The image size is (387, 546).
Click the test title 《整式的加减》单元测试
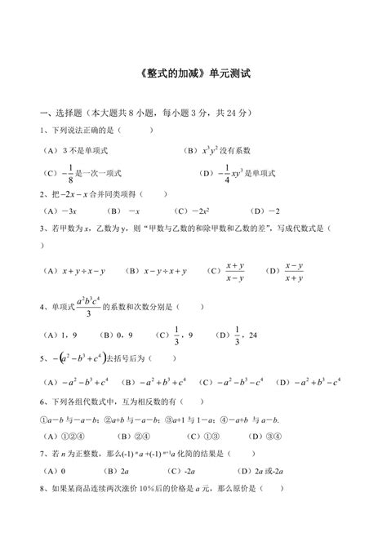point(193,73)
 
